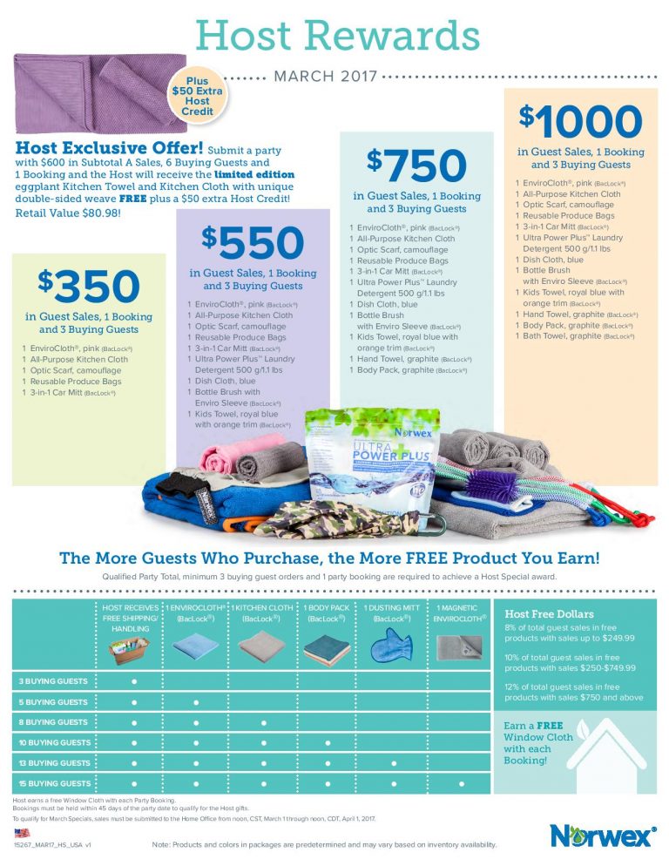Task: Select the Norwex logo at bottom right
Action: [x=602, y=836]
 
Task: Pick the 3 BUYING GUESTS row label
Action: [x=53, y=681]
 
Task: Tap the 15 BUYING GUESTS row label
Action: [x=53, y=783]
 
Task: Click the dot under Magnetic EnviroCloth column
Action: [x=461, y=783]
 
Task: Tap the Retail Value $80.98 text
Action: [x=67, y=212]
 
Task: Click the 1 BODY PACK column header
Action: [x=328, y=613]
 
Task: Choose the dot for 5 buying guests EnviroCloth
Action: [x=196, y=701]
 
